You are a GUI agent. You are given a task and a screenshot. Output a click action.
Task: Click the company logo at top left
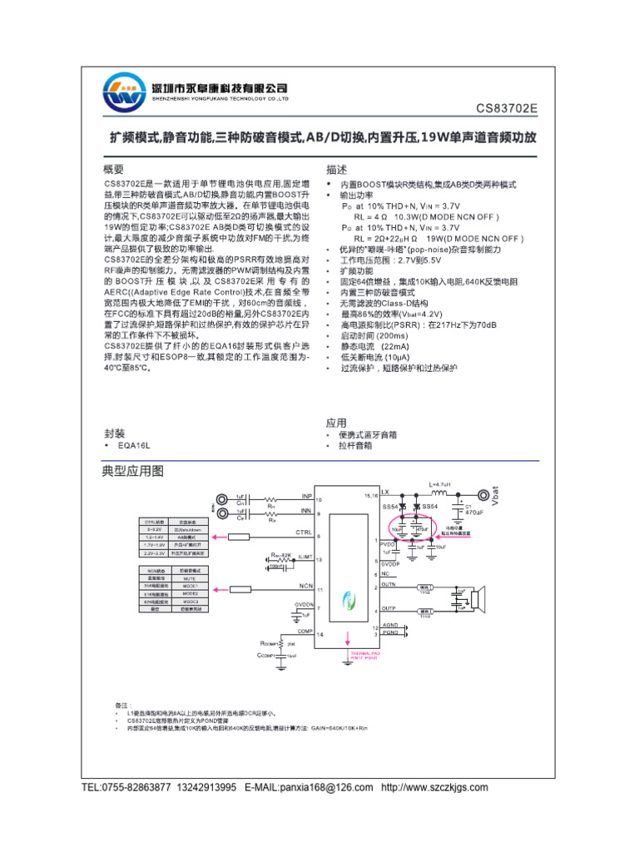[125, 93]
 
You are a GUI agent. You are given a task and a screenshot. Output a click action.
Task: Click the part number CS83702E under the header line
[507, 108]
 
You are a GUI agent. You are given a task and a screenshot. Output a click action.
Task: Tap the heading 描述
[337, 168]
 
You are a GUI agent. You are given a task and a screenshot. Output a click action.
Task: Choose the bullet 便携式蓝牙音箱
[368, 435]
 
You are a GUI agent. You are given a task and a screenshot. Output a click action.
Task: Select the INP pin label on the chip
[306, 496]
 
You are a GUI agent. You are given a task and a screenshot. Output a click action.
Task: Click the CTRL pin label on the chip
[304, 531]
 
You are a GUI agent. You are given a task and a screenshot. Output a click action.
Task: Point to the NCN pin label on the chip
[306, 587]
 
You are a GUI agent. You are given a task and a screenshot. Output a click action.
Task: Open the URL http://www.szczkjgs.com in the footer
[434, 787]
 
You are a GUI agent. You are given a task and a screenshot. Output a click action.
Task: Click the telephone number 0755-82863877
[136, 787]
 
